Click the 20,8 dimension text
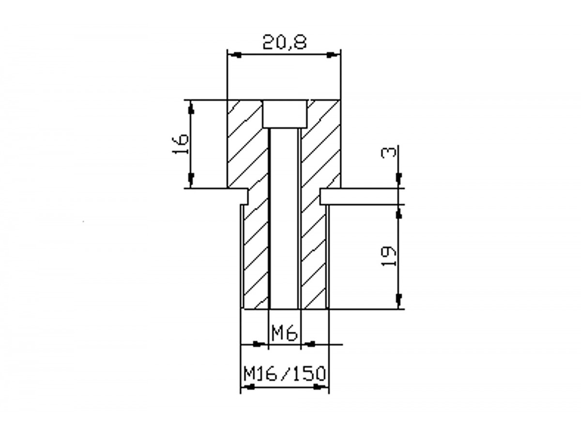pos(285,43)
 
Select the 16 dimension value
pos(180,144)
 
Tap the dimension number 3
pos(389,153)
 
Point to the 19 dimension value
pos(389,256)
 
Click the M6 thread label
pos(285,333)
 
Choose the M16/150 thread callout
pos(284,374)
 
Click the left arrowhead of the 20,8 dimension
pos(235,55)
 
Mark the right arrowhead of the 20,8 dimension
pos(333,55)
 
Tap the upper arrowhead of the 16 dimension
pos(191,108)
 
